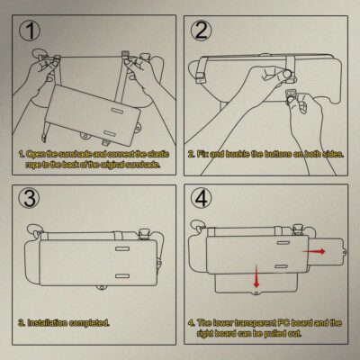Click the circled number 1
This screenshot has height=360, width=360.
(29, 31)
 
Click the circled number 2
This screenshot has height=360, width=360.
(202, 31)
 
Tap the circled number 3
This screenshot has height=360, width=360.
(29, 198)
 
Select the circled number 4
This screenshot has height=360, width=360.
(202, 198)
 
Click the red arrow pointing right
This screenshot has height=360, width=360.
(314, 251)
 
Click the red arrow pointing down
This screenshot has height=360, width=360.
(256, 276)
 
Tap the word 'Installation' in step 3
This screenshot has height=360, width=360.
(47, 323)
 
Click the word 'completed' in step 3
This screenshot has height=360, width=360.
(89, 323)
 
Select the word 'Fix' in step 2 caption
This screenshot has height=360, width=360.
(202, 154)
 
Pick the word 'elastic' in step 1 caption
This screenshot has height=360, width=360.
(158, 154)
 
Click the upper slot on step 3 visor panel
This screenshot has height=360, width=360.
(121, 249)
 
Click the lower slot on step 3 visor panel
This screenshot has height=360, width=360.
(121, 275)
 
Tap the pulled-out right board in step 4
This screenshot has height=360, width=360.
(327, 251)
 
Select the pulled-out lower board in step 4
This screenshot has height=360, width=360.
(256, 284)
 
